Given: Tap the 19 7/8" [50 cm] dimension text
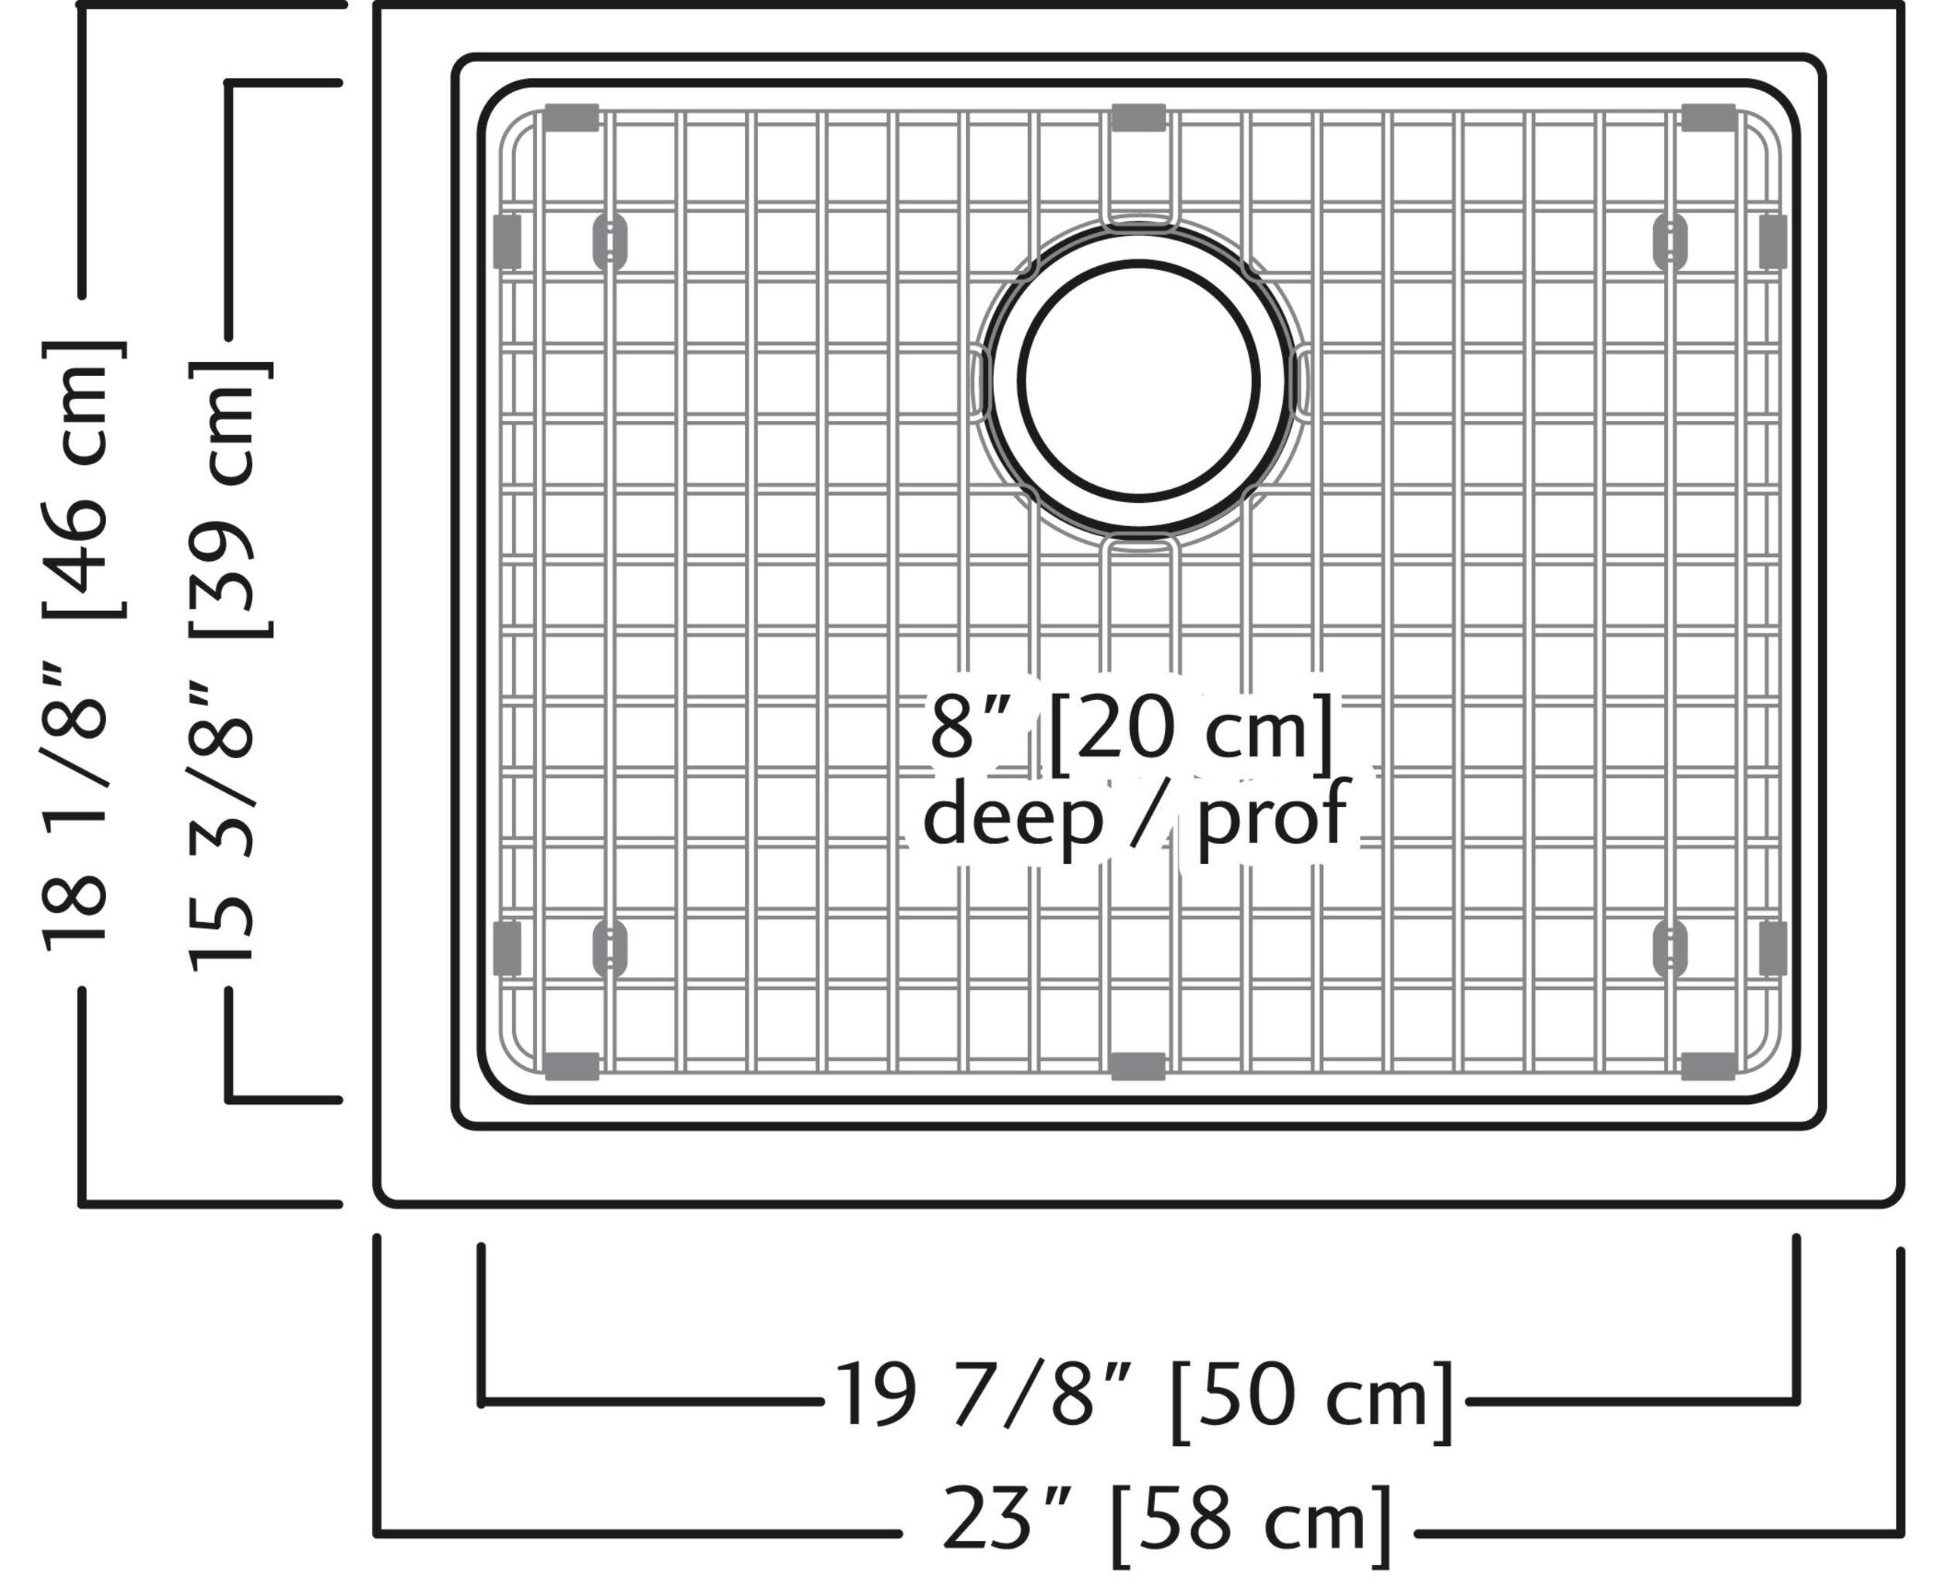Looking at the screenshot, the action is pos(1144,1398).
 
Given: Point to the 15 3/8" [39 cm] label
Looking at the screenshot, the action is pos(229,664).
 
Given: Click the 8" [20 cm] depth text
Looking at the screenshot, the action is pos(1131,730).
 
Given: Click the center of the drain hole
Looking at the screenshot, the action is pos(1139,381).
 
